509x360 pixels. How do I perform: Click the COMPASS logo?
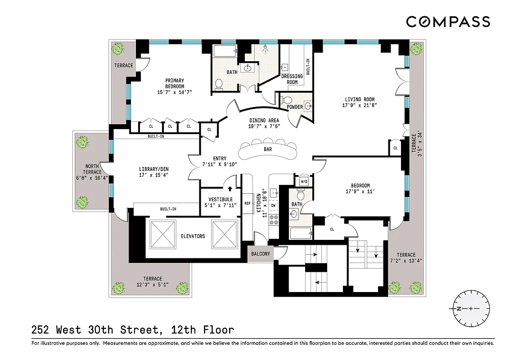448,22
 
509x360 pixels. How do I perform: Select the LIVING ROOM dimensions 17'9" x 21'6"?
360,105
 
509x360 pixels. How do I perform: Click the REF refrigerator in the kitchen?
247,203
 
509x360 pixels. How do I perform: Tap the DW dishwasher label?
273,205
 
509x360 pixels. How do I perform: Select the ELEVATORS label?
193,236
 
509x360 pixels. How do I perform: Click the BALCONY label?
260,254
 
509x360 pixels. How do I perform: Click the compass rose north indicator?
459,309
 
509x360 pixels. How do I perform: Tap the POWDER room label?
295,107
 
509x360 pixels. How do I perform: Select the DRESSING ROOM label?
292,79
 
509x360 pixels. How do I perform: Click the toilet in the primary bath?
219,84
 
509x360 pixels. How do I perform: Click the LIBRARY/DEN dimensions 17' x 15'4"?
153,175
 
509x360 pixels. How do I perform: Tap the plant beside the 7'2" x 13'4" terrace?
395,287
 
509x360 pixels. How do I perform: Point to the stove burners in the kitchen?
273,220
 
